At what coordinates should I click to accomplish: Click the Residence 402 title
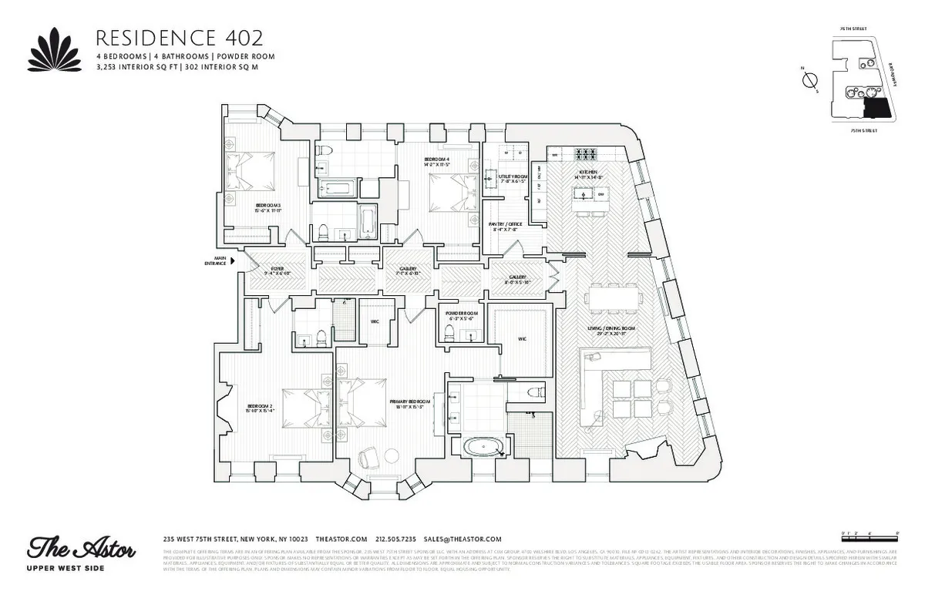click(178, 38)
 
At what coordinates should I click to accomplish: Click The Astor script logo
click(82, 549)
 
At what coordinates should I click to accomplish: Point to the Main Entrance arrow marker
click(233, 261)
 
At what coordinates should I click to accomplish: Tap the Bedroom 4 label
click(436, 161)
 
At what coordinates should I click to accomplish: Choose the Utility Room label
click(512, 178)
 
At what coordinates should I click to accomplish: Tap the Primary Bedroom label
click(409, 402)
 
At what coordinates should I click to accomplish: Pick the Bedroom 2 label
click(261, 408)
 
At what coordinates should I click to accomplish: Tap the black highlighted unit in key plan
click(876, 107)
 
